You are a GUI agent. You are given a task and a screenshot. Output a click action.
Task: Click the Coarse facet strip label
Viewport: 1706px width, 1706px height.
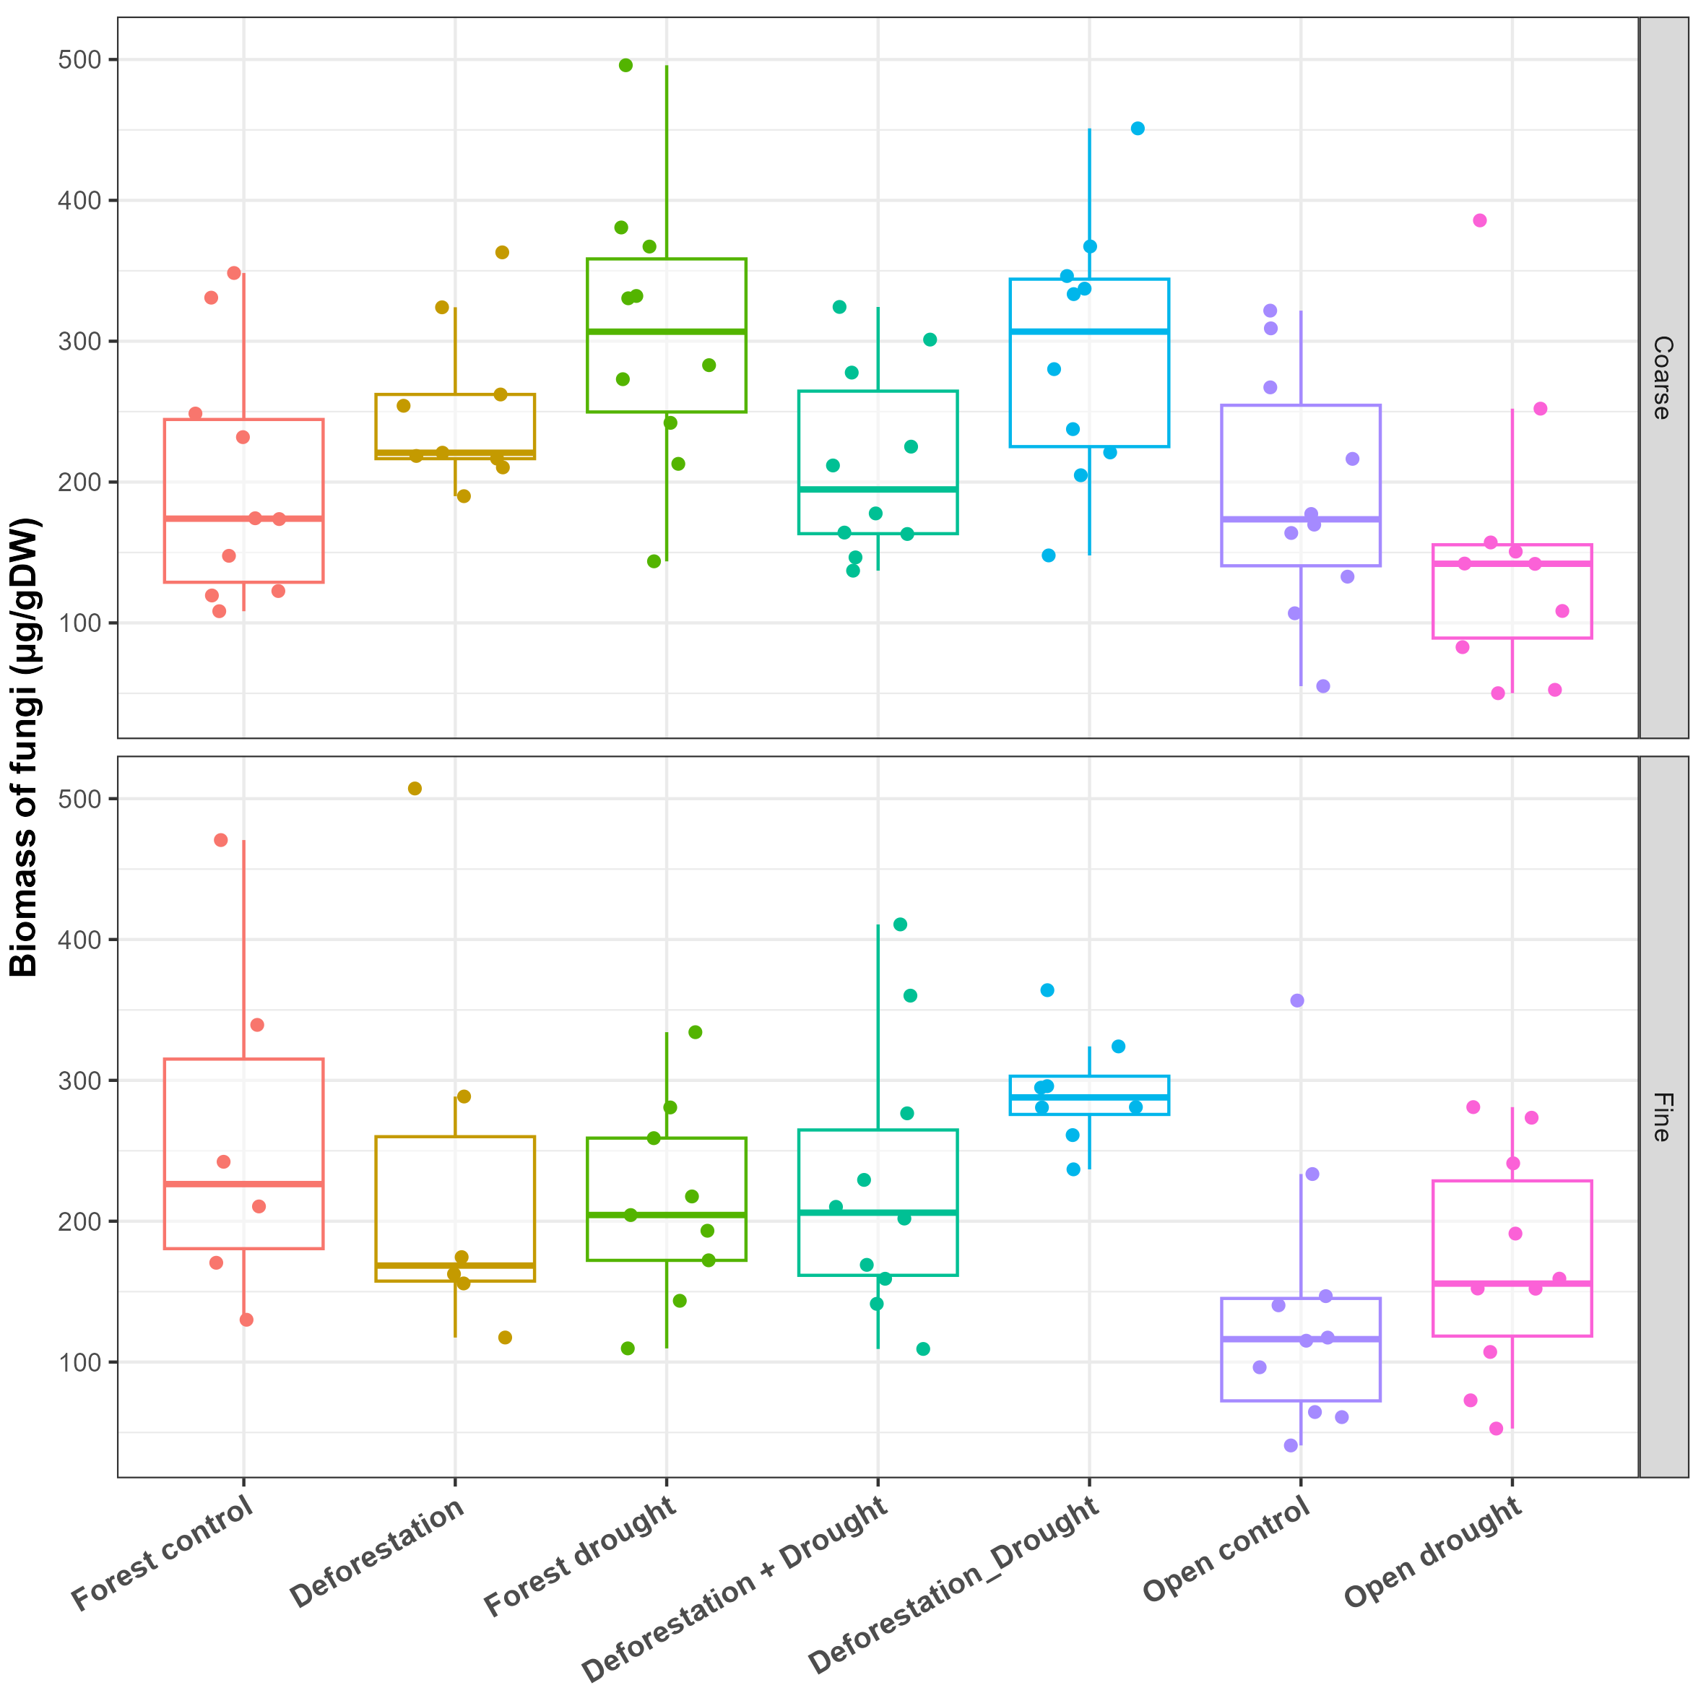pyautogui.click(x=1662, y=377)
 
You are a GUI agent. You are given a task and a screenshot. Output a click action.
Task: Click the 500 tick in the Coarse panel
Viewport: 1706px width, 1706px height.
pyautogui.click(x=79, y=60)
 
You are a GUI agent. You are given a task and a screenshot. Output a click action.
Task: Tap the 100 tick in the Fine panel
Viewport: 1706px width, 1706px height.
pyautogui.click(x=79, y=1361)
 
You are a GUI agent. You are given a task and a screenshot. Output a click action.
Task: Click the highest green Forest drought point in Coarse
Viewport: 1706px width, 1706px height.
pyautogui.click(x=625, y=65)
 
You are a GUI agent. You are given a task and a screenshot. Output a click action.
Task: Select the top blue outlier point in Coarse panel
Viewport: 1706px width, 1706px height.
pyautogui.click(x=1138, y=128)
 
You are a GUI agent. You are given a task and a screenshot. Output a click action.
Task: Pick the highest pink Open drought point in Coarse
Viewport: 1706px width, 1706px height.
pyautogui.click(x=1479, y=221)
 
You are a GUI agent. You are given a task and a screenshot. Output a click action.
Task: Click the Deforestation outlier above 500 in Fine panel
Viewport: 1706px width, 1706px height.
pyautogui.click(x=415, y=789)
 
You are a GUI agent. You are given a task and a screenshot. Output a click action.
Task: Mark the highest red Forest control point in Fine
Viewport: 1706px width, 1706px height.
pyautogui.click(x=221, y=840)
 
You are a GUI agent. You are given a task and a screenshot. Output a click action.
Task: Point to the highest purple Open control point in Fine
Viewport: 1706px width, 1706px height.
pyautogui.click(x=1297, y=1000)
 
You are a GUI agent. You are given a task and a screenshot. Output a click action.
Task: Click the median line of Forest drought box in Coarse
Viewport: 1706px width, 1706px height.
pyautogui.click(x=667, y=332)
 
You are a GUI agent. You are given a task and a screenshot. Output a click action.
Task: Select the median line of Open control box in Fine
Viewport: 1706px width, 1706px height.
pyautogui.click(x=1300, y=1340)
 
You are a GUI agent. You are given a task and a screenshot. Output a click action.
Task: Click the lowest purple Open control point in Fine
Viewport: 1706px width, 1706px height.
pyautogui.click(x=1290, y=1445)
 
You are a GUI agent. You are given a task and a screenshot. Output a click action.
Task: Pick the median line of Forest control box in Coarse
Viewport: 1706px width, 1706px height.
pyautogui.click(x=243, y=519)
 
